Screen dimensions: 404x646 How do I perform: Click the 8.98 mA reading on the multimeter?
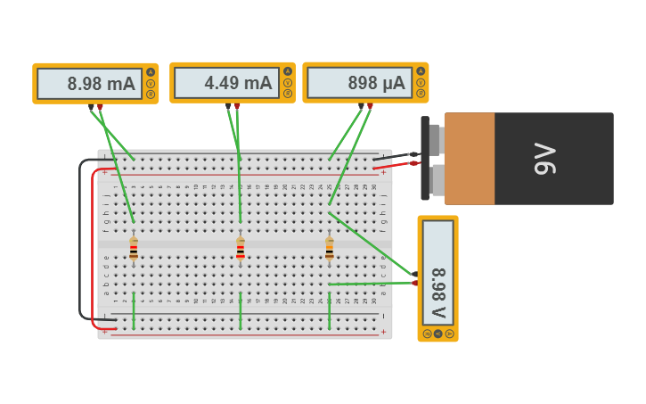[x=101, y=85]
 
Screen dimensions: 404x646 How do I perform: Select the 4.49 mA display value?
[x=238, y=83]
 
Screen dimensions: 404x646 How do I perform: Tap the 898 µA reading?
[x=376, y=83]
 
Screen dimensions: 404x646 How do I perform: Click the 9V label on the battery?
[x=544, y=159]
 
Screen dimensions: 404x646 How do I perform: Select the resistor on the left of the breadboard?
[x=134, y=248]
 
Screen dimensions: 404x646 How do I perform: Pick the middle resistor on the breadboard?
[x=241, y=248]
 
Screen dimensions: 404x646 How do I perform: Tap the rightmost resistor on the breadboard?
[x=330, y=248]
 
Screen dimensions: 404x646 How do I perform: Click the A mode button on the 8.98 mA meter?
[x=151, y=72]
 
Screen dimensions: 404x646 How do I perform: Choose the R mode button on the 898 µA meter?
[x=421, y=94]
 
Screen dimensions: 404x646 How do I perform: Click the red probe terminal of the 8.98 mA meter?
[x=100, y=107]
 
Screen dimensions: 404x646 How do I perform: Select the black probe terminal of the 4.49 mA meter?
[x=228, y=106]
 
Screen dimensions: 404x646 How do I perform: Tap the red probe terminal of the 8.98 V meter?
[x=414, y=284]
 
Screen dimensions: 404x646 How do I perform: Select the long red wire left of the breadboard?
[x=93, y=250]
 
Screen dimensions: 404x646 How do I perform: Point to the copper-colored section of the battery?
[x=470, y=159]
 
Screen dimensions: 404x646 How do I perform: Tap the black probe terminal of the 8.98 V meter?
[x=414, y=274]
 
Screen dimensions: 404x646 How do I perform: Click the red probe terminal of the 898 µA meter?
[x=370, y=106]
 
